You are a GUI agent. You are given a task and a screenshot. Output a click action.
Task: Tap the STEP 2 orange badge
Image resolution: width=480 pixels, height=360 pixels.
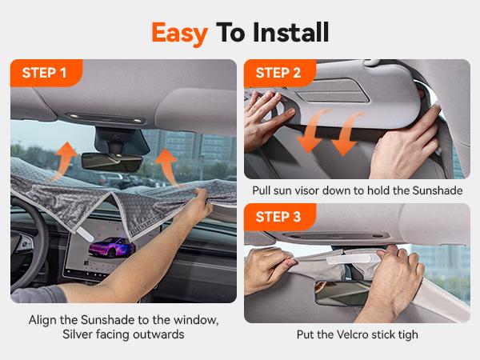pos(279,74)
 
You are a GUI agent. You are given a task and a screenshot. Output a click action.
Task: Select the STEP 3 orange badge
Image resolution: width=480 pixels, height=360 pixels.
pos(279,217)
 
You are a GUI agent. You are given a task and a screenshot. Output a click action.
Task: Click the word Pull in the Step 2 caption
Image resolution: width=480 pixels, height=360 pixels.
pos(262,190)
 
